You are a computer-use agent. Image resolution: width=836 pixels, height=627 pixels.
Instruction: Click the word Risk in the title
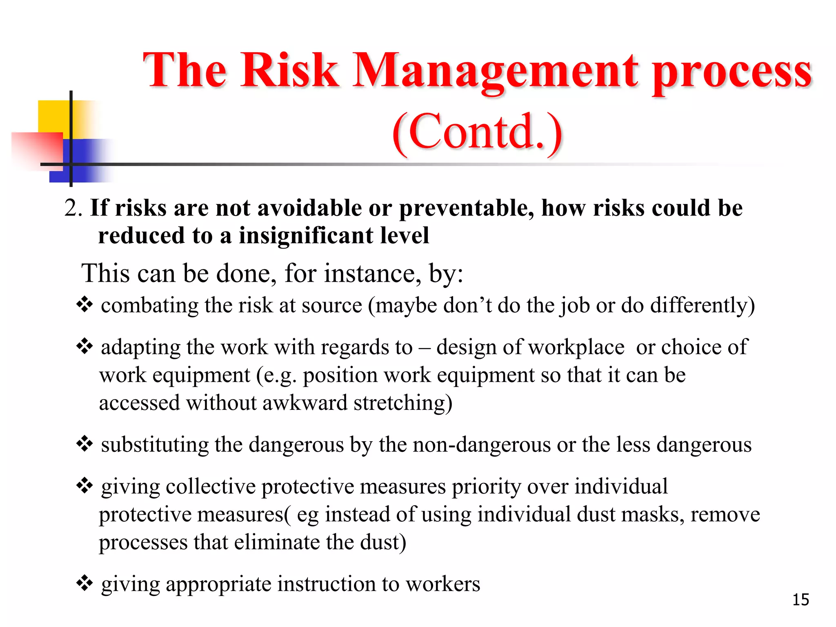pos(289,70)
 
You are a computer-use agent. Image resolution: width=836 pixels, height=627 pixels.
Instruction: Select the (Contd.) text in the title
pos(477,132)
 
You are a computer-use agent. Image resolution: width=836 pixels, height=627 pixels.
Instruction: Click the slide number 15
pos(800,600)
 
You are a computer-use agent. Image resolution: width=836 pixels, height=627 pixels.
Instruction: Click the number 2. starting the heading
pos(73,208)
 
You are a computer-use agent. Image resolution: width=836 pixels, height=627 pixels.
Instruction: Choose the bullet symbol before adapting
pos(84,347)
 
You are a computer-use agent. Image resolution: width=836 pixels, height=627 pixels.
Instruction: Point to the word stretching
pos(402,403)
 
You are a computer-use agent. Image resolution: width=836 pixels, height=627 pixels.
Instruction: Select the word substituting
pos(155,445)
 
